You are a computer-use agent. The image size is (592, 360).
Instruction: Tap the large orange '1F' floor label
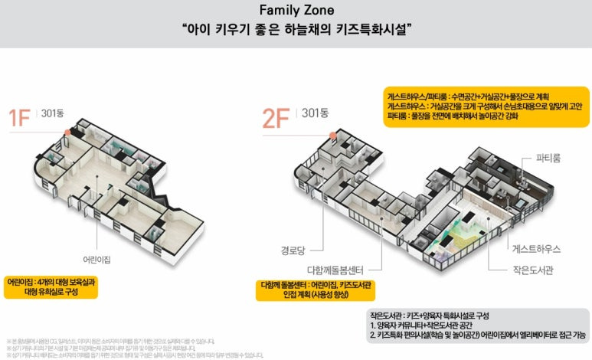click(x=20, y=118)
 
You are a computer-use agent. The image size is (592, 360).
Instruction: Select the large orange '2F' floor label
click(x=276, y=118)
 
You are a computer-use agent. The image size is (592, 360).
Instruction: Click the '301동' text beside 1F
click(x=54, y=113)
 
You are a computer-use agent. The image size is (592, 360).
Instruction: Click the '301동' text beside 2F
click(x=314, y=113)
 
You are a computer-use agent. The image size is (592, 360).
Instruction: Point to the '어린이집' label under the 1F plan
click(x=96, y=260)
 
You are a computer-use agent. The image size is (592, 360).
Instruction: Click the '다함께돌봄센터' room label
click(x=335, y=270)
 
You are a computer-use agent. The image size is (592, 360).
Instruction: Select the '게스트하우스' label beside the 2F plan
click(x=536, y=249)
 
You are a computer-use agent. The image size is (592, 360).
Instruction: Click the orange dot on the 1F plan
click(x=67, y=132)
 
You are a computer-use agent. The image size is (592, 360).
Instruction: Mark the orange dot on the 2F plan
click(x=334, y=134)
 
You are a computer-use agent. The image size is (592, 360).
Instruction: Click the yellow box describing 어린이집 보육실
click(x=53, y=286)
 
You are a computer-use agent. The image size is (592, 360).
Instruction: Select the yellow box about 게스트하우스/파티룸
click(x=486, y=106)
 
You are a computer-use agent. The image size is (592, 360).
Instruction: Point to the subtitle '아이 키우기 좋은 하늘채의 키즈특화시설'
click(x=298, y=30)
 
